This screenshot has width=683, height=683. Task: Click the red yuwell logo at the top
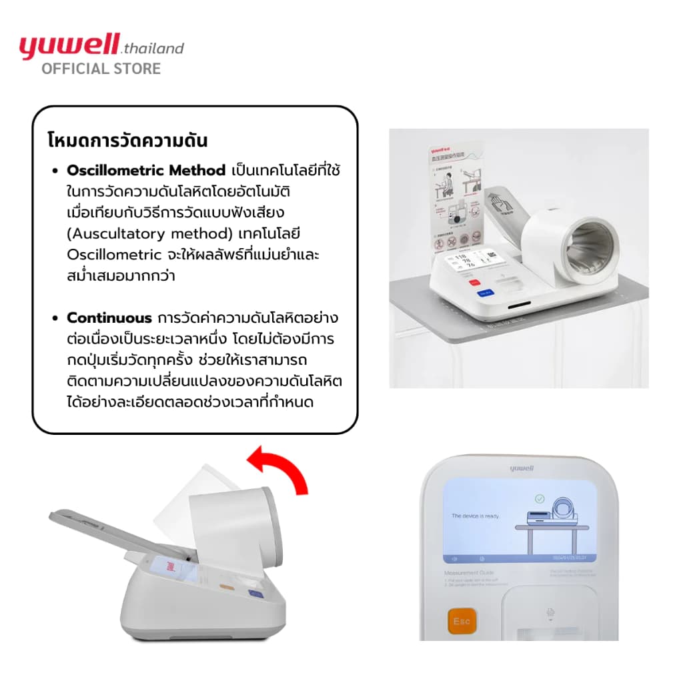tap(68, 47)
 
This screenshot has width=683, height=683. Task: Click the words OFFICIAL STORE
tap(101, 69)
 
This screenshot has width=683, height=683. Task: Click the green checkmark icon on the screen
tap(540, 498)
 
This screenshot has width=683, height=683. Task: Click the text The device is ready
tap(475, 516)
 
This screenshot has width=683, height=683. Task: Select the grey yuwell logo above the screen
tap(520, 469)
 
